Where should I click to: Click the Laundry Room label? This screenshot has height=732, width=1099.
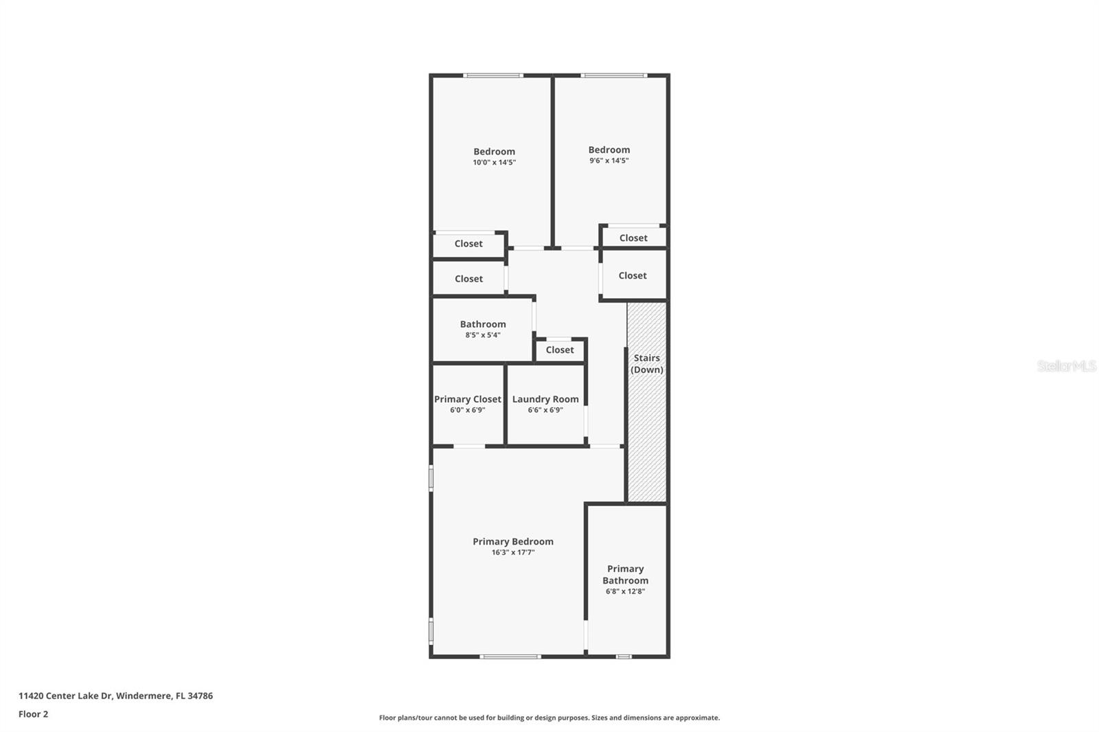pyautogui.click(x=545, y=399)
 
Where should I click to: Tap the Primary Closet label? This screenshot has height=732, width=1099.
pyautogui.click(x=468, y=399)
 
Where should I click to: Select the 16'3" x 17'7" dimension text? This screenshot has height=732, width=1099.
pyautogui.click(x=513, y=552)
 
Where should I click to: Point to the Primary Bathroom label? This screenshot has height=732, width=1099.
pyautogui.click(x=625, y=575)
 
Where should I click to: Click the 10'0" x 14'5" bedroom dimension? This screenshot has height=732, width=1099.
pyautogui.click(x=494, y=163)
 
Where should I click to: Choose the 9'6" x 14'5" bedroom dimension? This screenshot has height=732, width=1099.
pyautogui.click(x=609, y=161)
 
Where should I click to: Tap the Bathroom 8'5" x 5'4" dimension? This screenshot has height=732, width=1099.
pyautogui.click(x=483, y=335)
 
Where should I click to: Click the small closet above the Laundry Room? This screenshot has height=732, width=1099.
pyautogui.click(x=560, y=350)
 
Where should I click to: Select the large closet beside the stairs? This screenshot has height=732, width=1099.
pyautogui.click(x=633, y=275)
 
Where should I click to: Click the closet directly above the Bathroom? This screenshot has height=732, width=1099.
pyautogui.click(x=468, y=279)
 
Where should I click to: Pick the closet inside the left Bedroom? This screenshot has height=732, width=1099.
pyautogui.click(x=468, y=244)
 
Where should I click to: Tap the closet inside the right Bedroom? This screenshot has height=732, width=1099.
pyautogui.click(x=633, y=238)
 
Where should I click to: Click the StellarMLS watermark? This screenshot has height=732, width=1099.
pyautogui.click(x=1066, y=366)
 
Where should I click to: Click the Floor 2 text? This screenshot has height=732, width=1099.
pyautogui.click(x=33, y=714)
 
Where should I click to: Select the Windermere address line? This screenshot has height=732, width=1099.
pyautogui.click(x=115, y=696)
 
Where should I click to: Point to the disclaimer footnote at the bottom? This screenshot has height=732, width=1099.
pyautogui.click(x=549, y=718)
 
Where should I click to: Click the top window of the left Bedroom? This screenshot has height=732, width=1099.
pyautogui.click(x=493, y=76)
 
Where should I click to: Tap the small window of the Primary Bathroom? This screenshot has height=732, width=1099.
pyautogui.click(x=623, y=656)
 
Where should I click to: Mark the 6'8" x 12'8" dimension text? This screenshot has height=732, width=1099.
pyautogui.click(x=625, y=591)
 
